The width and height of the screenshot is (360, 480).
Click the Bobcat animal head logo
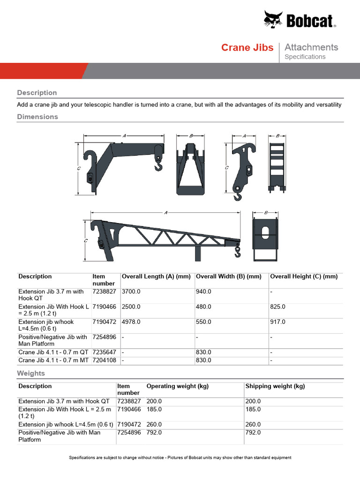[273, 20]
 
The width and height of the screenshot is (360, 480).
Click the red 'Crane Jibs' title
[247, 47]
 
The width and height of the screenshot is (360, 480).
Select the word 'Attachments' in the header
[311, 47]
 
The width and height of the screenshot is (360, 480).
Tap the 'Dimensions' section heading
[37, 117]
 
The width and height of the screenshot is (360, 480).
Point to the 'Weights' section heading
[31, 373]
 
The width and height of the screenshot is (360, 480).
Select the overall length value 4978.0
[131, 322]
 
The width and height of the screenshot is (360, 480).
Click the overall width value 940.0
[203, 292]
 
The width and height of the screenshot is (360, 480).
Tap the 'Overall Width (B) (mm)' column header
[228, 277]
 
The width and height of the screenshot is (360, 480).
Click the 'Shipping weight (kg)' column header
[275, 386]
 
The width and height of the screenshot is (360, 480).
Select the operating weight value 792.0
[154, 433]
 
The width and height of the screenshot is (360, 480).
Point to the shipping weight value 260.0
[253, 425]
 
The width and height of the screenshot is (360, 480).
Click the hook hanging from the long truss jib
[237, 253]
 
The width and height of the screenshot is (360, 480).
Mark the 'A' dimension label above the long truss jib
[166, 213]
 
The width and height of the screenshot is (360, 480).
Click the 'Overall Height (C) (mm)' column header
[304, 277]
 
